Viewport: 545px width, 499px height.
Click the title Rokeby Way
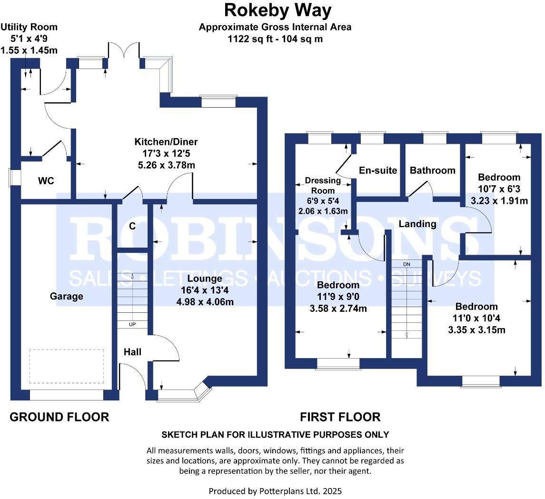(x=278, y=10)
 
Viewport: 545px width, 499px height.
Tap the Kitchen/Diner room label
(x=166, y=142)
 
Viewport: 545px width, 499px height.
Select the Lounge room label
(x=205, y=279)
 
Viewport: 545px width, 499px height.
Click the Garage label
(x=67, y=296)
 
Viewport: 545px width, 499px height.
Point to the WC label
(x=46, y=181)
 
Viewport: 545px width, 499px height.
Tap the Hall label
(x=132, y=352)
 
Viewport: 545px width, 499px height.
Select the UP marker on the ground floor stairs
(x=132, y=325)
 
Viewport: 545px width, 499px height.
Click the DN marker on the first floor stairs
(x=406, y=264)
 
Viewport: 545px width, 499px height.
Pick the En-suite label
(x=378, y=170)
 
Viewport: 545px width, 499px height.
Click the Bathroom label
(x=433, y=170)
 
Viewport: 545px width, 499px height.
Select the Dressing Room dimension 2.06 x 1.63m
(x=323, y=211)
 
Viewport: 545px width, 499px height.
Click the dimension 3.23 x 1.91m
(x=499, y=200)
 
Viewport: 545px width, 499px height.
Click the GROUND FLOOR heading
(x=59, y=417)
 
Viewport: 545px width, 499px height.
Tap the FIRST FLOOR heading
(x=340, y=417)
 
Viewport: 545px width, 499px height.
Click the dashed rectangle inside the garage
(x=67, y=366)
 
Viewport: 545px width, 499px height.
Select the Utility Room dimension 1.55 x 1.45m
(x=29, y=50)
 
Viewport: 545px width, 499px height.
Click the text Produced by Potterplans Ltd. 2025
(x=275, y=490)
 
